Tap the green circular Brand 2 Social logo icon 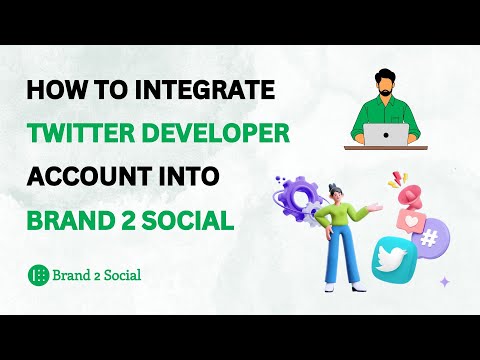(x=39, y=274)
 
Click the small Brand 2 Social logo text (x=98, y=274)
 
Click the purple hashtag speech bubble (x=433, y=237)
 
